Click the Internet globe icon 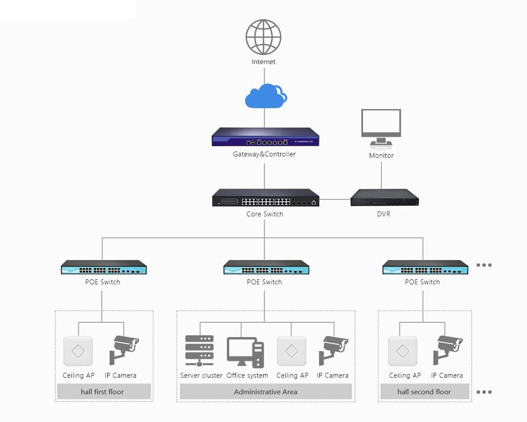point(263,37)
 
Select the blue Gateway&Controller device point(265,137)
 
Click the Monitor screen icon point(381,129)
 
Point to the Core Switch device point(266,198)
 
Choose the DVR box point(385,198)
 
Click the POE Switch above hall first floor point(104,267)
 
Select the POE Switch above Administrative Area point(266,267)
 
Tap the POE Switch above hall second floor point(425,267)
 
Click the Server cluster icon point(199,350)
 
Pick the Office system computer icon point(245,352)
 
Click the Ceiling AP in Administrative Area point(291,351)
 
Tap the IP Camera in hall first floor point(124,350)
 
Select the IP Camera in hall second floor point(448,350)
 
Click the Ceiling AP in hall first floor point(78,351)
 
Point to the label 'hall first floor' point(102,392)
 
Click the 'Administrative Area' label point(266,392)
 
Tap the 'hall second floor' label point(424,392)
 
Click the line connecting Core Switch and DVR point(335,199)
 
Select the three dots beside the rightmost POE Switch point(484,265)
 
